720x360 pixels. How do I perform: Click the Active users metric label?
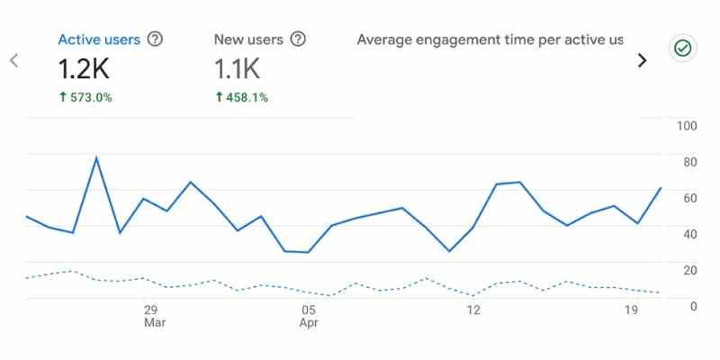click(x=99, y=40)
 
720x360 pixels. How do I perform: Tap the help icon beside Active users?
click(x=155, y=40)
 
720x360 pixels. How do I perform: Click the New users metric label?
click(x=248, y=40)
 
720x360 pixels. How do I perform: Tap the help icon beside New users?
click(x=298, y=40)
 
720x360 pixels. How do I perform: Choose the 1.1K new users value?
click(x=238, y=67)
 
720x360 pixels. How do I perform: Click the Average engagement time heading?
click(x=490, y=40)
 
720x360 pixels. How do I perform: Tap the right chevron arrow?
click(x=642, y=60)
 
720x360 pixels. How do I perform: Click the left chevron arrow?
click(x=13, y=60)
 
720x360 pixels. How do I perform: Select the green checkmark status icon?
click(x=683, y=49)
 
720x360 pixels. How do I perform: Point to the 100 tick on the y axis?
click(x=687, y=125)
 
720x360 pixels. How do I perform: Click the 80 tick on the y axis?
click(x=687, y=162)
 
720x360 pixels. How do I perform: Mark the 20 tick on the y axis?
click(x=687, y=270)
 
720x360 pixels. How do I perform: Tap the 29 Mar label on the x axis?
click(x=152, y=315)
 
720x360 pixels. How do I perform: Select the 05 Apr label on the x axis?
click(x=309, y=315)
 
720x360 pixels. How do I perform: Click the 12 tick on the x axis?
click(x=473, y=309)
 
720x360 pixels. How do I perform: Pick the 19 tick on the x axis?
click(x=631, y=309)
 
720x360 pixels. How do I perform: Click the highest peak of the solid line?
click(x=96, y=158)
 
